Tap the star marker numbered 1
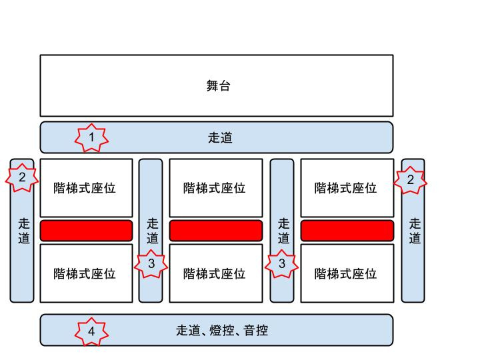pos(91,138)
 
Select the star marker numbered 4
pos(91,331)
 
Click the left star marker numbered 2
pos(22,178)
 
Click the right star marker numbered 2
pos(410,179)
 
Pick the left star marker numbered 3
pos(151,264)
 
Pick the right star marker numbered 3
pos(282,264)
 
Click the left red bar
pos(86,230)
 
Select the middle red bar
pos(216,230)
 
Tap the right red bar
pos(347,230)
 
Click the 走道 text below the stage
pos(220,138)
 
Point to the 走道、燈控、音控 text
pos(222,330)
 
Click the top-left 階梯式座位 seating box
pos(85,188)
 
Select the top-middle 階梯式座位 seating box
pos(215,188)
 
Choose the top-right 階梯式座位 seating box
pos(346,188)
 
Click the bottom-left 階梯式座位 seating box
pos(85,273)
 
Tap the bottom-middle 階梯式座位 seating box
pos(215,273)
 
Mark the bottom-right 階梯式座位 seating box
pos(346,273)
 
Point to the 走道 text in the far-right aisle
pos(415,231)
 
